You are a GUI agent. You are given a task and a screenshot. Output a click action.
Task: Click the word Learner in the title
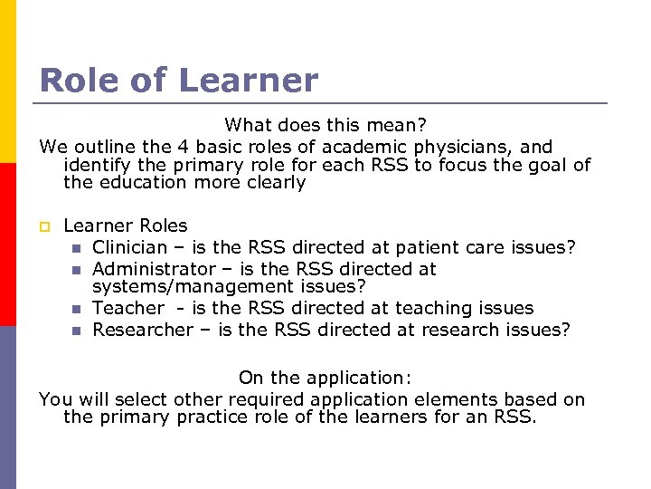pyautogui.click(x=249, y=81)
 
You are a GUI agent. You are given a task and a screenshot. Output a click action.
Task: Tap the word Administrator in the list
pyautogui.click(x=149, y=269)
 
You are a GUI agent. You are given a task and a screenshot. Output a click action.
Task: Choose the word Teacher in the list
pyautogui.click(x=128, y=308)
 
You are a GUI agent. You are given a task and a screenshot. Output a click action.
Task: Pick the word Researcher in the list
pyautogui.click(x=143, y=330)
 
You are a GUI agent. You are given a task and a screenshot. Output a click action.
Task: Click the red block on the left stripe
pyautogui.click(x=8, y=244)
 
